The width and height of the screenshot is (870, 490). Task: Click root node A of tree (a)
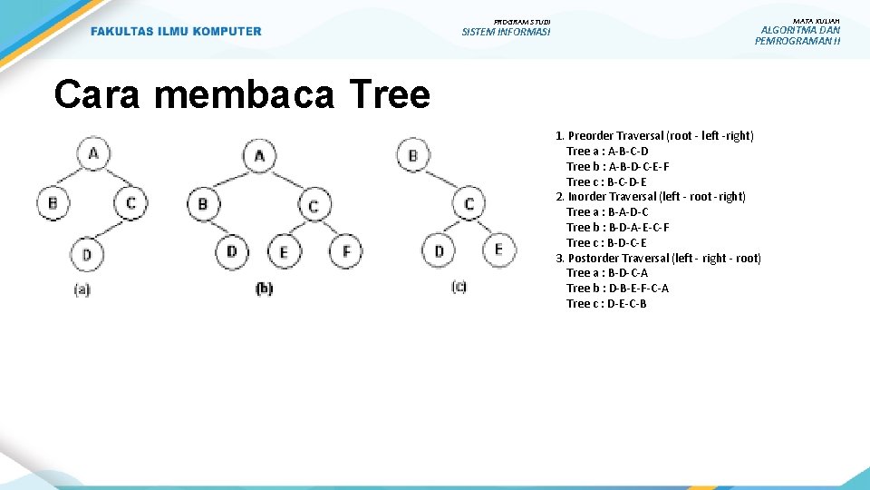tap(93, 153)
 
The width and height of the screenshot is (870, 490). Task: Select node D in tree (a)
tap(87, 254)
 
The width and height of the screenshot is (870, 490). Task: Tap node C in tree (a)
tap(131, 202)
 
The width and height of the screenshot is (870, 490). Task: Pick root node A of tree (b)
tap(259, 156)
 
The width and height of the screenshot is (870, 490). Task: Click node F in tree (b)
tap(345, 250)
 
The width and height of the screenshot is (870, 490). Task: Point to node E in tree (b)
tap(284, 251)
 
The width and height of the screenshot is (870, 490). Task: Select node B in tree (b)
tap(202, 203)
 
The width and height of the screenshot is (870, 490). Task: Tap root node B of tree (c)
tap(413, 155)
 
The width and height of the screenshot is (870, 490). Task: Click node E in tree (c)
tap(498, 248)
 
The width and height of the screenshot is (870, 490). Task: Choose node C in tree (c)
tap(469, 203)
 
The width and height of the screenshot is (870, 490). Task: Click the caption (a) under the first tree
tap(82, 290)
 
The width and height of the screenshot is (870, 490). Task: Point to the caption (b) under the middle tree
tap(264, 289)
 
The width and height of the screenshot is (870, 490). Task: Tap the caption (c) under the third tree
tap(459, 287)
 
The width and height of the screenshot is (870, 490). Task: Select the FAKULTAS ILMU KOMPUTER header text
tap(176, 32)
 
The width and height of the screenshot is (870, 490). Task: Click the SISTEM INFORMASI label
tap(506, 33)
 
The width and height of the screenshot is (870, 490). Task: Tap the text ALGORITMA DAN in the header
tap(800, 30)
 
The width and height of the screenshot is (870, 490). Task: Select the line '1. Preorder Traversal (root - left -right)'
tap(654, 136)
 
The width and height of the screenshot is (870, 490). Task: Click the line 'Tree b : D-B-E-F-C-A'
tap(617, 289)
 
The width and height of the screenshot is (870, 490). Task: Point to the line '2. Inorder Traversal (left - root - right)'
tap(651, 197)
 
